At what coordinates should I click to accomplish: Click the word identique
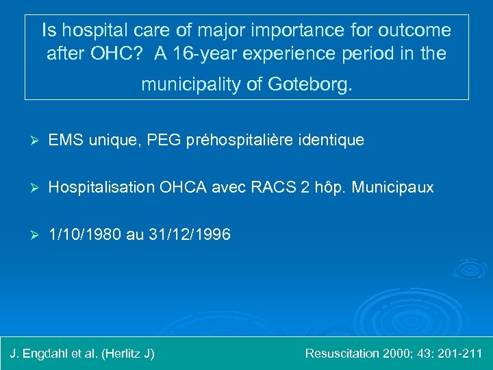tap(332, 140)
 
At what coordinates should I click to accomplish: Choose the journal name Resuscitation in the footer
tap(342, 354)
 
